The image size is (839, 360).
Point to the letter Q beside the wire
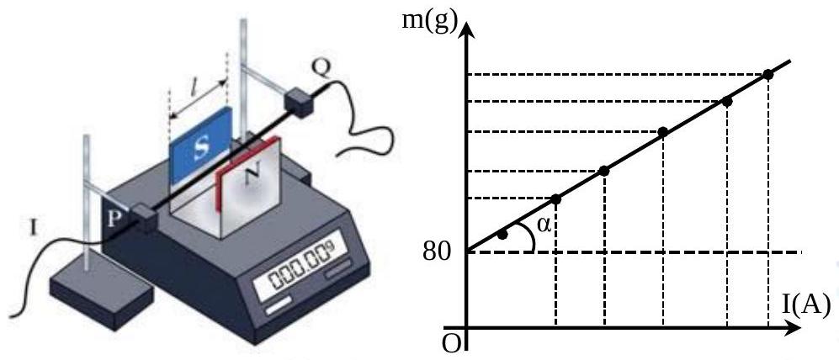(x=322, y=66)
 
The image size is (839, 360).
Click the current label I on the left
(x=33, y=229)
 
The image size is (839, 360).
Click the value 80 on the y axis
(x=437, y=252)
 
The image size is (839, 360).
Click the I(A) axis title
(x=804, y=305)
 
